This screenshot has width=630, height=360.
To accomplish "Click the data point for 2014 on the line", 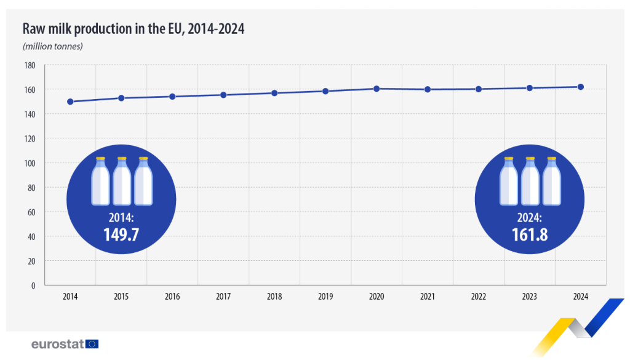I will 70,102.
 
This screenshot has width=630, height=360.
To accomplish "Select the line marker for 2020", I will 377,89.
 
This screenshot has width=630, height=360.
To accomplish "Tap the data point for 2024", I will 580,87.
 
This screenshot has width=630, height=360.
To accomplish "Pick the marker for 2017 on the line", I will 223,95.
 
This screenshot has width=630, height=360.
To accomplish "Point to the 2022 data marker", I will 478,89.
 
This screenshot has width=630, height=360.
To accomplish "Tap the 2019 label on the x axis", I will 325,297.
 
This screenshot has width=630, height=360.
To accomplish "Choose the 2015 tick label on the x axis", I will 121,297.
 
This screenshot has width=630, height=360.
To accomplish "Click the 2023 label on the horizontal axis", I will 529,297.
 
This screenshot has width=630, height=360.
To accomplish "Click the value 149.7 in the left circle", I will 121,234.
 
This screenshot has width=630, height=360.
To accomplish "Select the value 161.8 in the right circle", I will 530,234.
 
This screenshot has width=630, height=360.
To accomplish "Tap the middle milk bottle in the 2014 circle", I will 122,181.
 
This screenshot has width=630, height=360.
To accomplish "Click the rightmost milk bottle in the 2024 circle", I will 552,181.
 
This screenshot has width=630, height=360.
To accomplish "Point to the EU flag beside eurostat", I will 92,344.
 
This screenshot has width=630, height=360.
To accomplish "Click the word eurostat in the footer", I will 58,344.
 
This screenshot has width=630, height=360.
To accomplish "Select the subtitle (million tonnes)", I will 52,46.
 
